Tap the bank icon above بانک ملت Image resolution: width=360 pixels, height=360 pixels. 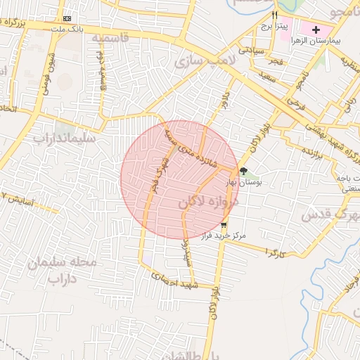tap(67, 18)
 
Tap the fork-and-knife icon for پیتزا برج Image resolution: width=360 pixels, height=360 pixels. tap(275, 15)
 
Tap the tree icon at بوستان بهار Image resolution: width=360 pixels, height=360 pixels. tap(243, 171)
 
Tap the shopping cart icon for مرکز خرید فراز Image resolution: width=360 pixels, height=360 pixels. tap(224, 226)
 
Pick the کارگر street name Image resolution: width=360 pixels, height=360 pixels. tap(276, 251)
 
